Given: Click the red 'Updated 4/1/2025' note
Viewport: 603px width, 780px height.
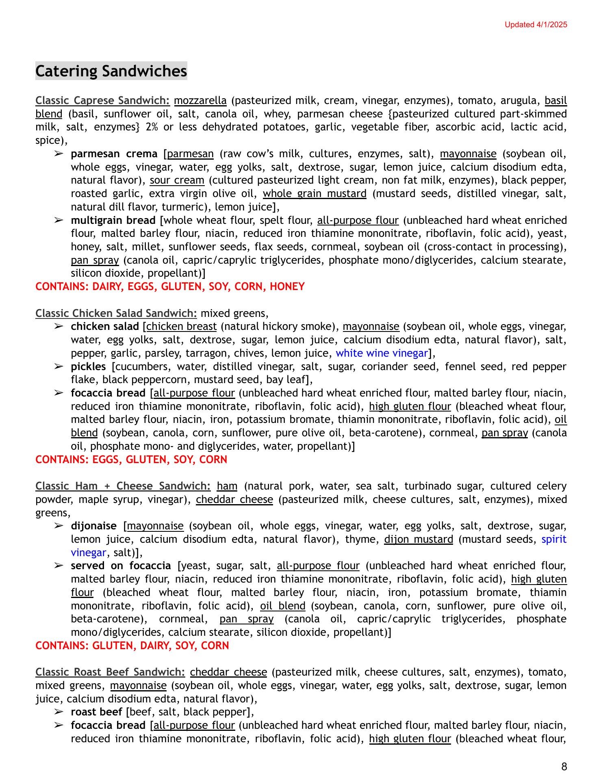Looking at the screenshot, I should pyautogui.click(x=536, y=25).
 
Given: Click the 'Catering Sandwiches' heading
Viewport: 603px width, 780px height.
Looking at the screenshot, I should pyautogui.click(x=111, y=71).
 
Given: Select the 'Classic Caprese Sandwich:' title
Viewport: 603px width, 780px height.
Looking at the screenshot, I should pyautogui.click(x=102, y=100).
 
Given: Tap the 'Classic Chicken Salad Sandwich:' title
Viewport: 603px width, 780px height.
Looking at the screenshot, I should pyautogui.click(x=116, y=313).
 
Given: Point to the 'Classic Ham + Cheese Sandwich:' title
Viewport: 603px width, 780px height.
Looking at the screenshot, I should pyautogui.click(x=123, y=486).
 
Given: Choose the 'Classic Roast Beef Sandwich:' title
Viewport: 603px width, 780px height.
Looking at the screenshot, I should pyautogui.click(x=110, y=672).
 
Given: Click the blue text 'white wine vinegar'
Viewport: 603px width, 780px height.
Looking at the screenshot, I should pyautogui.click(x=382, y=353).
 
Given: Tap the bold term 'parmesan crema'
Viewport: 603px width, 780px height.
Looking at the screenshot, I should pyautogui.click(x=114, y=154).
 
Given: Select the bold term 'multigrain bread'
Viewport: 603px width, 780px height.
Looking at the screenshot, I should pyautogui.click(x=113, y=220).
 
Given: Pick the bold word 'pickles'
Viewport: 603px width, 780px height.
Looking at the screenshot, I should pyautogui.click(x=88, y=366).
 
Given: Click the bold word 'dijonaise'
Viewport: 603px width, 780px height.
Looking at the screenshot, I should pyautogui.click(x=93, y=526).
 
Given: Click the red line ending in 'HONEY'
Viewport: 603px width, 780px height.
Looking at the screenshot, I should pyautogui.click(x=170, y=286).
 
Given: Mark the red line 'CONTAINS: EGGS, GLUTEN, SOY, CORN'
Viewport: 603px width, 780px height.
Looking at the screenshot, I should pyautogui.click(x=131, y=459).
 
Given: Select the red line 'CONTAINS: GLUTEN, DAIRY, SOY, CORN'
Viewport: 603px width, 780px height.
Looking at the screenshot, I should pyautogui.click(x=132, y=646).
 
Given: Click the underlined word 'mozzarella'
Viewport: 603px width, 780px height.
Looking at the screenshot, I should pyautogui.click(x=200, y=100).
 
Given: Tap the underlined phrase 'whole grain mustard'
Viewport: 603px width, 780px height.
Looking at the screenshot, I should pyautogui.click(x=315, y=193).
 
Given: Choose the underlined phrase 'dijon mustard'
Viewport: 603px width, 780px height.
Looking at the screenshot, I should pyautogui.click(x=418, y=539).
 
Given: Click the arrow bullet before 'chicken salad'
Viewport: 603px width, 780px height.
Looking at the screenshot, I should pyautogui.click(x=59, y=326).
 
